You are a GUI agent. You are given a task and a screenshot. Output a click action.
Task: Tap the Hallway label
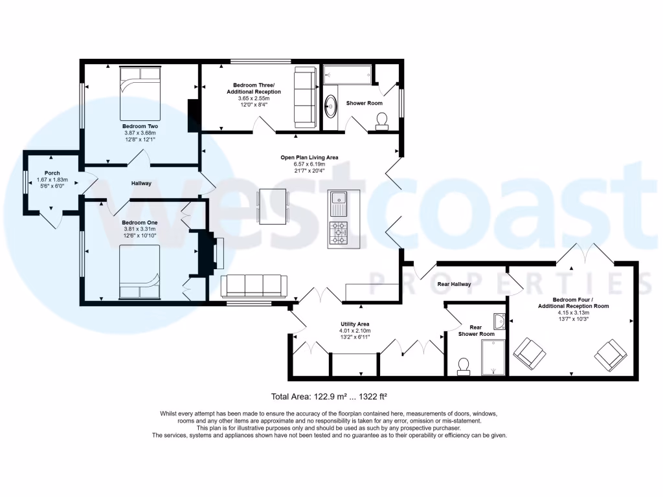[x=141, y=183]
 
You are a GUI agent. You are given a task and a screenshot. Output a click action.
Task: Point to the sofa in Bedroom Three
[x=304, y=97]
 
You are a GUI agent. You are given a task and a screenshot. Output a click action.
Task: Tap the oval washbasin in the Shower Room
[x=331, y=106]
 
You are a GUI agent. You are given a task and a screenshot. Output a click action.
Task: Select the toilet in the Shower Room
[x=381, y=120]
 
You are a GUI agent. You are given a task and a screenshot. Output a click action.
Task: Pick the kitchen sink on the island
[x=337, y=205]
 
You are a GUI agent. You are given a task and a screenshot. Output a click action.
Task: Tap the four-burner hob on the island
[x=338, y=233]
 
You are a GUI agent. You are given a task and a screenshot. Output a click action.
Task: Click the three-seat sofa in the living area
[x=254, y=285]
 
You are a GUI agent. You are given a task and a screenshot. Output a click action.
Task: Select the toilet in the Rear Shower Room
[x=464, y=367]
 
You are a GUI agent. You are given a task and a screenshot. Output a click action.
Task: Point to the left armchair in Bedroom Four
[x=530, y=353]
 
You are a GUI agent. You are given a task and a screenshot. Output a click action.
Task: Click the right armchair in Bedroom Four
[x=611, y=354]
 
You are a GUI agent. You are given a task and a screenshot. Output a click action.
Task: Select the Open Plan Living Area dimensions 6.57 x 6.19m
[x=309, y=164]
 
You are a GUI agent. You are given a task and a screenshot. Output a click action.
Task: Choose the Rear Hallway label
[x=454, y=283]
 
